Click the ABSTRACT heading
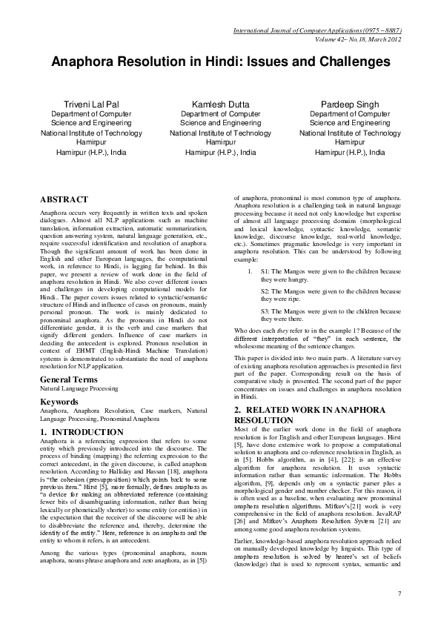pos(64,200)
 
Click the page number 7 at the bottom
pos(399,594)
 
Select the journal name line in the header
pos(317,30)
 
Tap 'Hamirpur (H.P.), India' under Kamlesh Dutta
pos(220,152)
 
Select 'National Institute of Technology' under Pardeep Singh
pos(349,133)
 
